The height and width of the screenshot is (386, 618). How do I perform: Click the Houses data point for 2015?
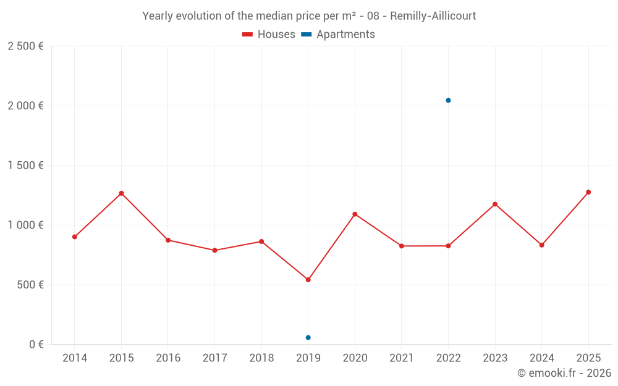121,193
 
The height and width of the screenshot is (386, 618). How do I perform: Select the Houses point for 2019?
308,280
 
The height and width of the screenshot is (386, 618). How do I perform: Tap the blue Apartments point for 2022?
448,100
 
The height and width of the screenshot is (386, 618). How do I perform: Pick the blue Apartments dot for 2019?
308,338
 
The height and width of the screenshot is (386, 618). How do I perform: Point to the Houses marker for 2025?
588,192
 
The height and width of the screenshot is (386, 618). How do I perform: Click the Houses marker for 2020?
355,214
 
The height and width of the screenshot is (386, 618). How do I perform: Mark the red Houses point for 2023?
495,204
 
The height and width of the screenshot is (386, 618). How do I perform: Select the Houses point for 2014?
75,237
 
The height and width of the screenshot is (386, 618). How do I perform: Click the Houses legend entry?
269,35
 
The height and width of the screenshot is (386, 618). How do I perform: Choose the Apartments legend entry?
338,35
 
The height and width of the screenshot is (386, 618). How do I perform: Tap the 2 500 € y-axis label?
25,46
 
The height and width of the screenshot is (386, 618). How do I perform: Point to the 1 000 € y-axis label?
25,225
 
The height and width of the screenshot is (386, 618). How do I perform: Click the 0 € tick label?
36,345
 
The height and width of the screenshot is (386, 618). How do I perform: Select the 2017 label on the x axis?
214,358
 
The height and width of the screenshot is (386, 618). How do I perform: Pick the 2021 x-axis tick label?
402,358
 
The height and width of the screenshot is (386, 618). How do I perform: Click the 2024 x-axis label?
541,358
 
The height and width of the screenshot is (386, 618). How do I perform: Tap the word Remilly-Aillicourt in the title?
433,16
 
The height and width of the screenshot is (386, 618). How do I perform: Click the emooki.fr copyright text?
564,373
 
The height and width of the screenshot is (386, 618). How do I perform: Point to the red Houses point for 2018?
261,241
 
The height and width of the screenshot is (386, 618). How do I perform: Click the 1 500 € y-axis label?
25,166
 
